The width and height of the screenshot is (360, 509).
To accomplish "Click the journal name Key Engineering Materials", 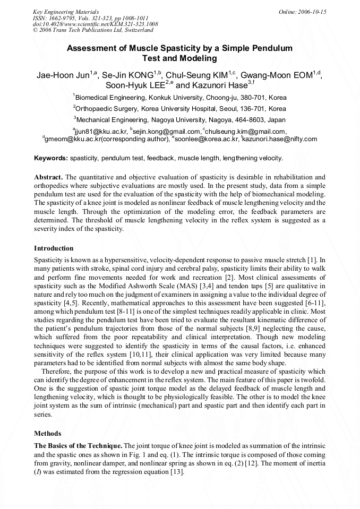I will (65, 12).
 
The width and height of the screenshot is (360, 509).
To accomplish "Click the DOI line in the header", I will (95, 24).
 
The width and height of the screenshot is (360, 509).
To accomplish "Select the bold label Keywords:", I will (51, 158).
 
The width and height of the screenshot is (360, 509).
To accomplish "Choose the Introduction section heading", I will (54, 248).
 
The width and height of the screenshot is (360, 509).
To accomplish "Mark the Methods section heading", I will (47, 433).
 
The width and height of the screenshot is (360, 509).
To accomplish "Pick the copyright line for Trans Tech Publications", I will (93, 30).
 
